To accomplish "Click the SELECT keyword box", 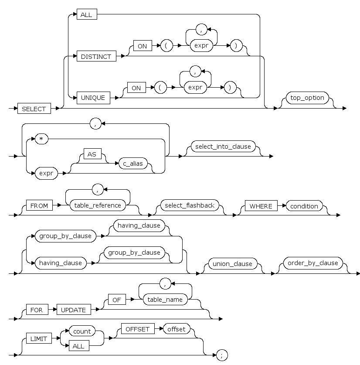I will click(x=34, y=109).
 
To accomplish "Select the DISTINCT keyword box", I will click(x=96, y=57).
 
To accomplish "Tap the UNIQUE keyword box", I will click(x=93, y=98).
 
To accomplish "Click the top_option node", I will click(x=307, y=98).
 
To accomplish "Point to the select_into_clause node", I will click(x=223, y=147).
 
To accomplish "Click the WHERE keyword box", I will click(x=261, y=206).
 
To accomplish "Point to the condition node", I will click(x=304, y=206).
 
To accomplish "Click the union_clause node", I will click(x=232, y=264).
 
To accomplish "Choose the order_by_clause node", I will click(x=313, y=263).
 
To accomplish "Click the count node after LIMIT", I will click(x=82, y=331).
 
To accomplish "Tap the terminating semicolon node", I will click(x=222, y=355).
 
